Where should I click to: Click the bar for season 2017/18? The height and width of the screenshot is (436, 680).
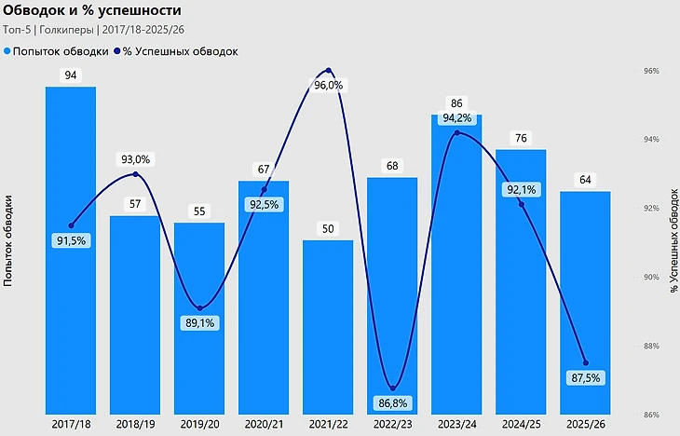click(x=71, y=251)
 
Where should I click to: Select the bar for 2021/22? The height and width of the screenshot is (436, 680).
click(x=328, y=327)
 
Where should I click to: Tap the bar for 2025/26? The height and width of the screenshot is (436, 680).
click(x=585, y=303)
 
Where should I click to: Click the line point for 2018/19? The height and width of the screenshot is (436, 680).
click(x=135, y=174)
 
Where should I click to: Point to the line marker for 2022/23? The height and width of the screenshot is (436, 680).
click(x=393, y=388)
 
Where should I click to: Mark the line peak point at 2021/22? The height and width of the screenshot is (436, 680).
click(x=328, y=70)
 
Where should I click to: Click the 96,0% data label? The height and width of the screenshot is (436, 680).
click(x=328, y=85)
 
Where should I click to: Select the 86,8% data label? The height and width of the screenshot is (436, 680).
click(x=393, y=403)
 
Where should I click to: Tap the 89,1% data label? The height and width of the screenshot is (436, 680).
click(x=199, y=322)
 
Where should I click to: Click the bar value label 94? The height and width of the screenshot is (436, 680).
click(x=71, y=75)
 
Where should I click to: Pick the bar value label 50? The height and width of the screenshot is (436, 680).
click(x=328, y=228)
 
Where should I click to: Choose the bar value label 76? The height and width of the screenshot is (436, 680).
click(x=521, y=138)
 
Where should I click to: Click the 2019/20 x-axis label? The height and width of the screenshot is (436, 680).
click(x=199, y=424)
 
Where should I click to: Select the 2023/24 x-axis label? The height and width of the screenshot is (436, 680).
click(x=456, y=424)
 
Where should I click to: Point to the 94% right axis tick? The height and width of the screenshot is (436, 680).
click(x=651, y=139)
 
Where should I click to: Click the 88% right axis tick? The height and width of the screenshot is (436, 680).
click(x=651, y=347)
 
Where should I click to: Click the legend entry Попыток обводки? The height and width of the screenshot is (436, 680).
click(x=57, y=51)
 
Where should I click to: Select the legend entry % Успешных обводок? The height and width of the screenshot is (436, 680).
click(x=176, y=51)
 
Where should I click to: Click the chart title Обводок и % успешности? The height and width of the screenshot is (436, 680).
click(x=92, y=10)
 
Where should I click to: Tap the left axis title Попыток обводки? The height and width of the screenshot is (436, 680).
click(x=7, y=241)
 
